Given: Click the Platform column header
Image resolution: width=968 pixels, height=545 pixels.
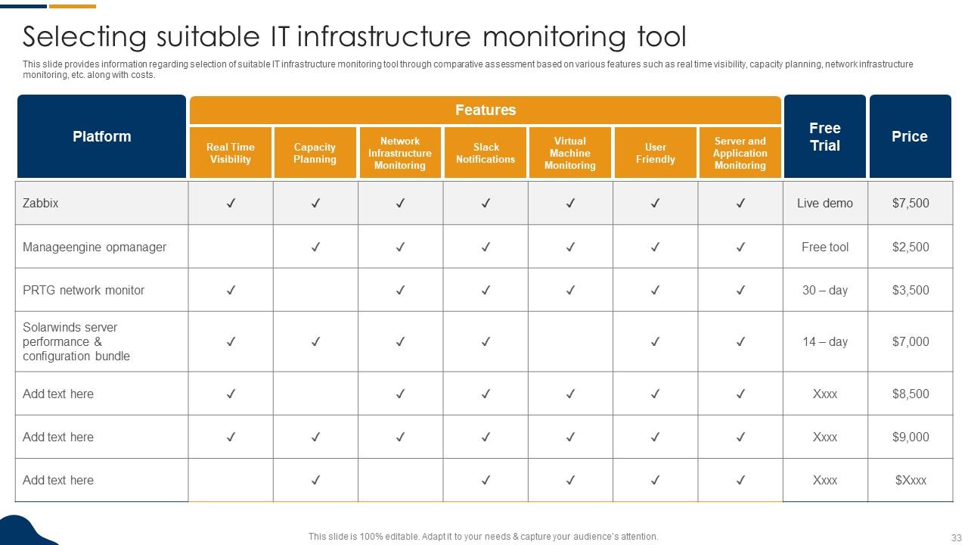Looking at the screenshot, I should (x=101, y=136).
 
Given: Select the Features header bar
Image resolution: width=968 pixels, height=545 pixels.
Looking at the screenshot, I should (x=485, y=110).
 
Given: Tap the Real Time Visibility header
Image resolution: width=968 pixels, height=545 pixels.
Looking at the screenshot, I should (x=231, y=153).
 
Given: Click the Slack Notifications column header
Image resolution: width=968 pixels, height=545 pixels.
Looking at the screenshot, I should (x=486, y=153).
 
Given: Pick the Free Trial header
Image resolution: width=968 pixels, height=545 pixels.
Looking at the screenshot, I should (x=824, y=137).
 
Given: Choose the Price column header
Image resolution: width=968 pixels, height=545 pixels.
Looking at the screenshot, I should (x=910, y=137).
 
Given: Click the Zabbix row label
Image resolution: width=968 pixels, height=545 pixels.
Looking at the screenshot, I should (x=41, y=203).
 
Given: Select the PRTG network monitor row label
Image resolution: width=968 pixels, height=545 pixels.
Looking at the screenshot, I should (x=83, y=290).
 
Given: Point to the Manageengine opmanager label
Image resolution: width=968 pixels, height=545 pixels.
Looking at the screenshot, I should (x=95, y=247).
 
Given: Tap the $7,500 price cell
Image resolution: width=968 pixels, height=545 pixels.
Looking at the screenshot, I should (x=910, y=203).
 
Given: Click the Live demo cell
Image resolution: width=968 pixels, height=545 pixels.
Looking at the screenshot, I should (x=824, y=203).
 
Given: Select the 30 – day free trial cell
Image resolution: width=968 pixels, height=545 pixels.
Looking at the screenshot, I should (x=824, y=290).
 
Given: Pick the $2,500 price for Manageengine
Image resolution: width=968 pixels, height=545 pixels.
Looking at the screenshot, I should (x=910, y=247).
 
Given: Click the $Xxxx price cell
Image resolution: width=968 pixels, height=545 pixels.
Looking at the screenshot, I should (x=910, y=480).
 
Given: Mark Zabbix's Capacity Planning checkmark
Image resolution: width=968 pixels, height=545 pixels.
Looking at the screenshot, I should (x=315, y=203).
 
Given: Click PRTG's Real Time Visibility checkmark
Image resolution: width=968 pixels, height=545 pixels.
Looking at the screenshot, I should (x=231, y=290).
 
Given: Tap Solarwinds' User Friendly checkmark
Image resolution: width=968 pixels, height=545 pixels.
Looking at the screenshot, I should (x=656, y=341).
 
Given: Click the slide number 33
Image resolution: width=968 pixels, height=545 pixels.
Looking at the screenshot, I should (x=954, y=537).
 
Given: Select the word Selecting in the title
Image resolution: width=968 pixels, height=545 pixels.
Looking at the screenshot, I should (x=84, y=36).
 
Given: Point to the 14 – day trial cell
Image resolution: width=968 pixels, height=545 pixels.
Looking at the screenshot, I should (x=824, y=341).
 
